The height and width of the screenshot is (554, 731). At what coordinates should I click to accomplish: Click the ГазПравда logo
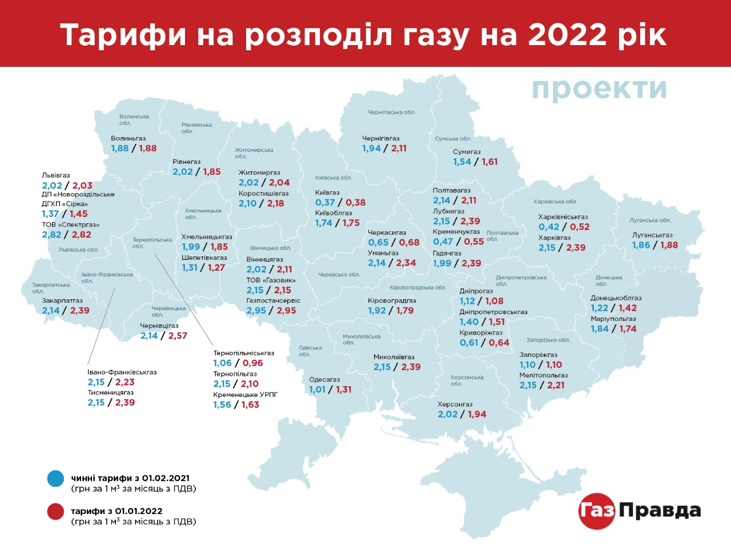(x=640, y=511)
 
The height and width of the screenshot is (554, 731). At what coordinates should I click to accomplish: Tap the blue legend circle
(x=56, y=479)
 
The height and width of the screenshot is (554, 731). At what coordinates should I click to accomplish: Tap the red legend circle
(x=56, y=512)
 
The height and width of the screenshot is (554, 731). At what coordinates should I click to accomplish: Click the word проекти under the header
(x=599, y=89)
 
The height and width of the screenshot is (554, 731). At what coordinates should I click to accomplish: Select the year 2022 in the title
(x=567, y=35)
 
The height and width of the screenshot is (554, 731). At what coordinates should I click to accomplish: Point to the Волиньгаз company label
(x=128, y=138)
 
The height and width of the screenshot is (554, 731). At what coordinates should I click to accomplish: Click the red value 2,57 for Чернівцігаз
(x=178, y=336)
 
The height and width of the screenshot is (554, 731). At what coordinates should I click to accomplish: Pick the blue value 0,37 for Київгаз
(x=325, y=202)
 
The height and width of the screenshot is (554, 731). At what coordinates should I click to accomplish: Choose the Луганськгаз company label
(x=652, y=235)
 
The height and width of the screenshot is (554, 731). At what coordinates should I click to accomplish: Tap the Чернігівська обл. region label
(x=391, y=113)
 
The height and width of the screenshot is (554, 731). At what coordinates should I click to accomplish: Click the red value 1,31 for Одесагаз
(x=344, y=390)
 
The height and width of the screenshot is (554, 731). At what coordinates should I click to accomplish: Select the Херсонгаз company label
(x=455, y=404)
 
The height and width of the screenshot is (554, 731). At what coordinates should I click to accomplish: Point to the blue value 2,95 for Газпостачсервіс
(x=256, y=311)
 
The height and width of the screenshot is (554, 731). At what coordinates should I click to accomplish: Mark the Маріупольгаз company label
(x=613, y=319)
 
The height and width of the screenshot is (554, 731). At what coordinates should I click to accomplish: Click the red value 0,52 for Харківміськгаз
(x=580, y=227)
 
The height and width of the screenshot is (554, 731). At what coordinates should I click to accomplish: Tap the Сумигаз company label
(x=467, y=152)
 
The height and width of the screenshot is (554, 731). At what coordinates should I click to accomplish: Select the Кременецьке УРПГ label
(x=246, y=395)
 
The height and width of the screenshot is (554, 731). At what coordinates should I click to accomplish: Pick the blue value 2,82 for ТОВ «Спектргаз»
(x=51, y=235)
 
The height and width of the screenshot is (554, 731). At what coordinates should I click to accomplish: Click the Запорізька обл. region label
(x=548, y=340)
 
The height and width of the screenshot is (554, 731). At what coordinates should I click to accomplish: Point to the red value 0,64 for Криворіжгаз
(x=499, y=343)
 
